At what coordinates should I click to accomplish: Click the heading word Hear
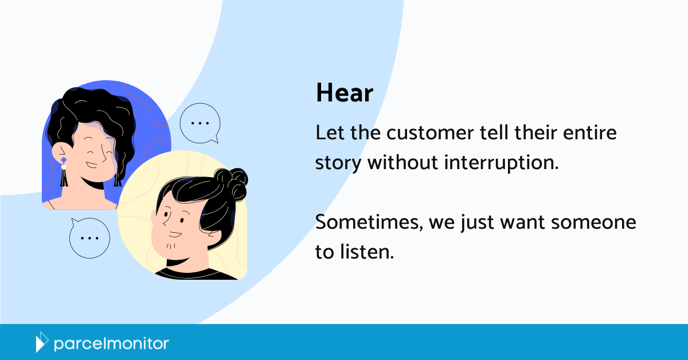[345, 92]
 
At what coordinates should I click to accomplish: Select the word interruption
[501, 163]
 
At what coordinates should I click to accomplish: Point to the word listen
[367, 252]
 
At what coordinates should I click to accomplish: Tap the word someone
[593, 222]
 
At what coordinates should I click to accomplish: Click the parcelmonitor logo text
[111, 344]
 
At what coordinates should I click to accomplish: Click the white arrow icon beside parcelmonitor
[42, 342]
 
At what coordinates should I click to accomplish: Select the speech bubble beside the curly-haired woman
[200, 123]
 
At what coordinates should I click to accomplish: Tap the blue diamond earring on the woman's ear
[64, 160]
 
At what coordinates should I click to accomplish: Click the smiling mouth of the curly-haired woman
[92, 165]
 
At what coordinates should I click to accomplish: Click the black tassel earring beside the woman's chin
[64, 178]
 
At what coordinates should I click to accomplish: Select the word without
[402, 162]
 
